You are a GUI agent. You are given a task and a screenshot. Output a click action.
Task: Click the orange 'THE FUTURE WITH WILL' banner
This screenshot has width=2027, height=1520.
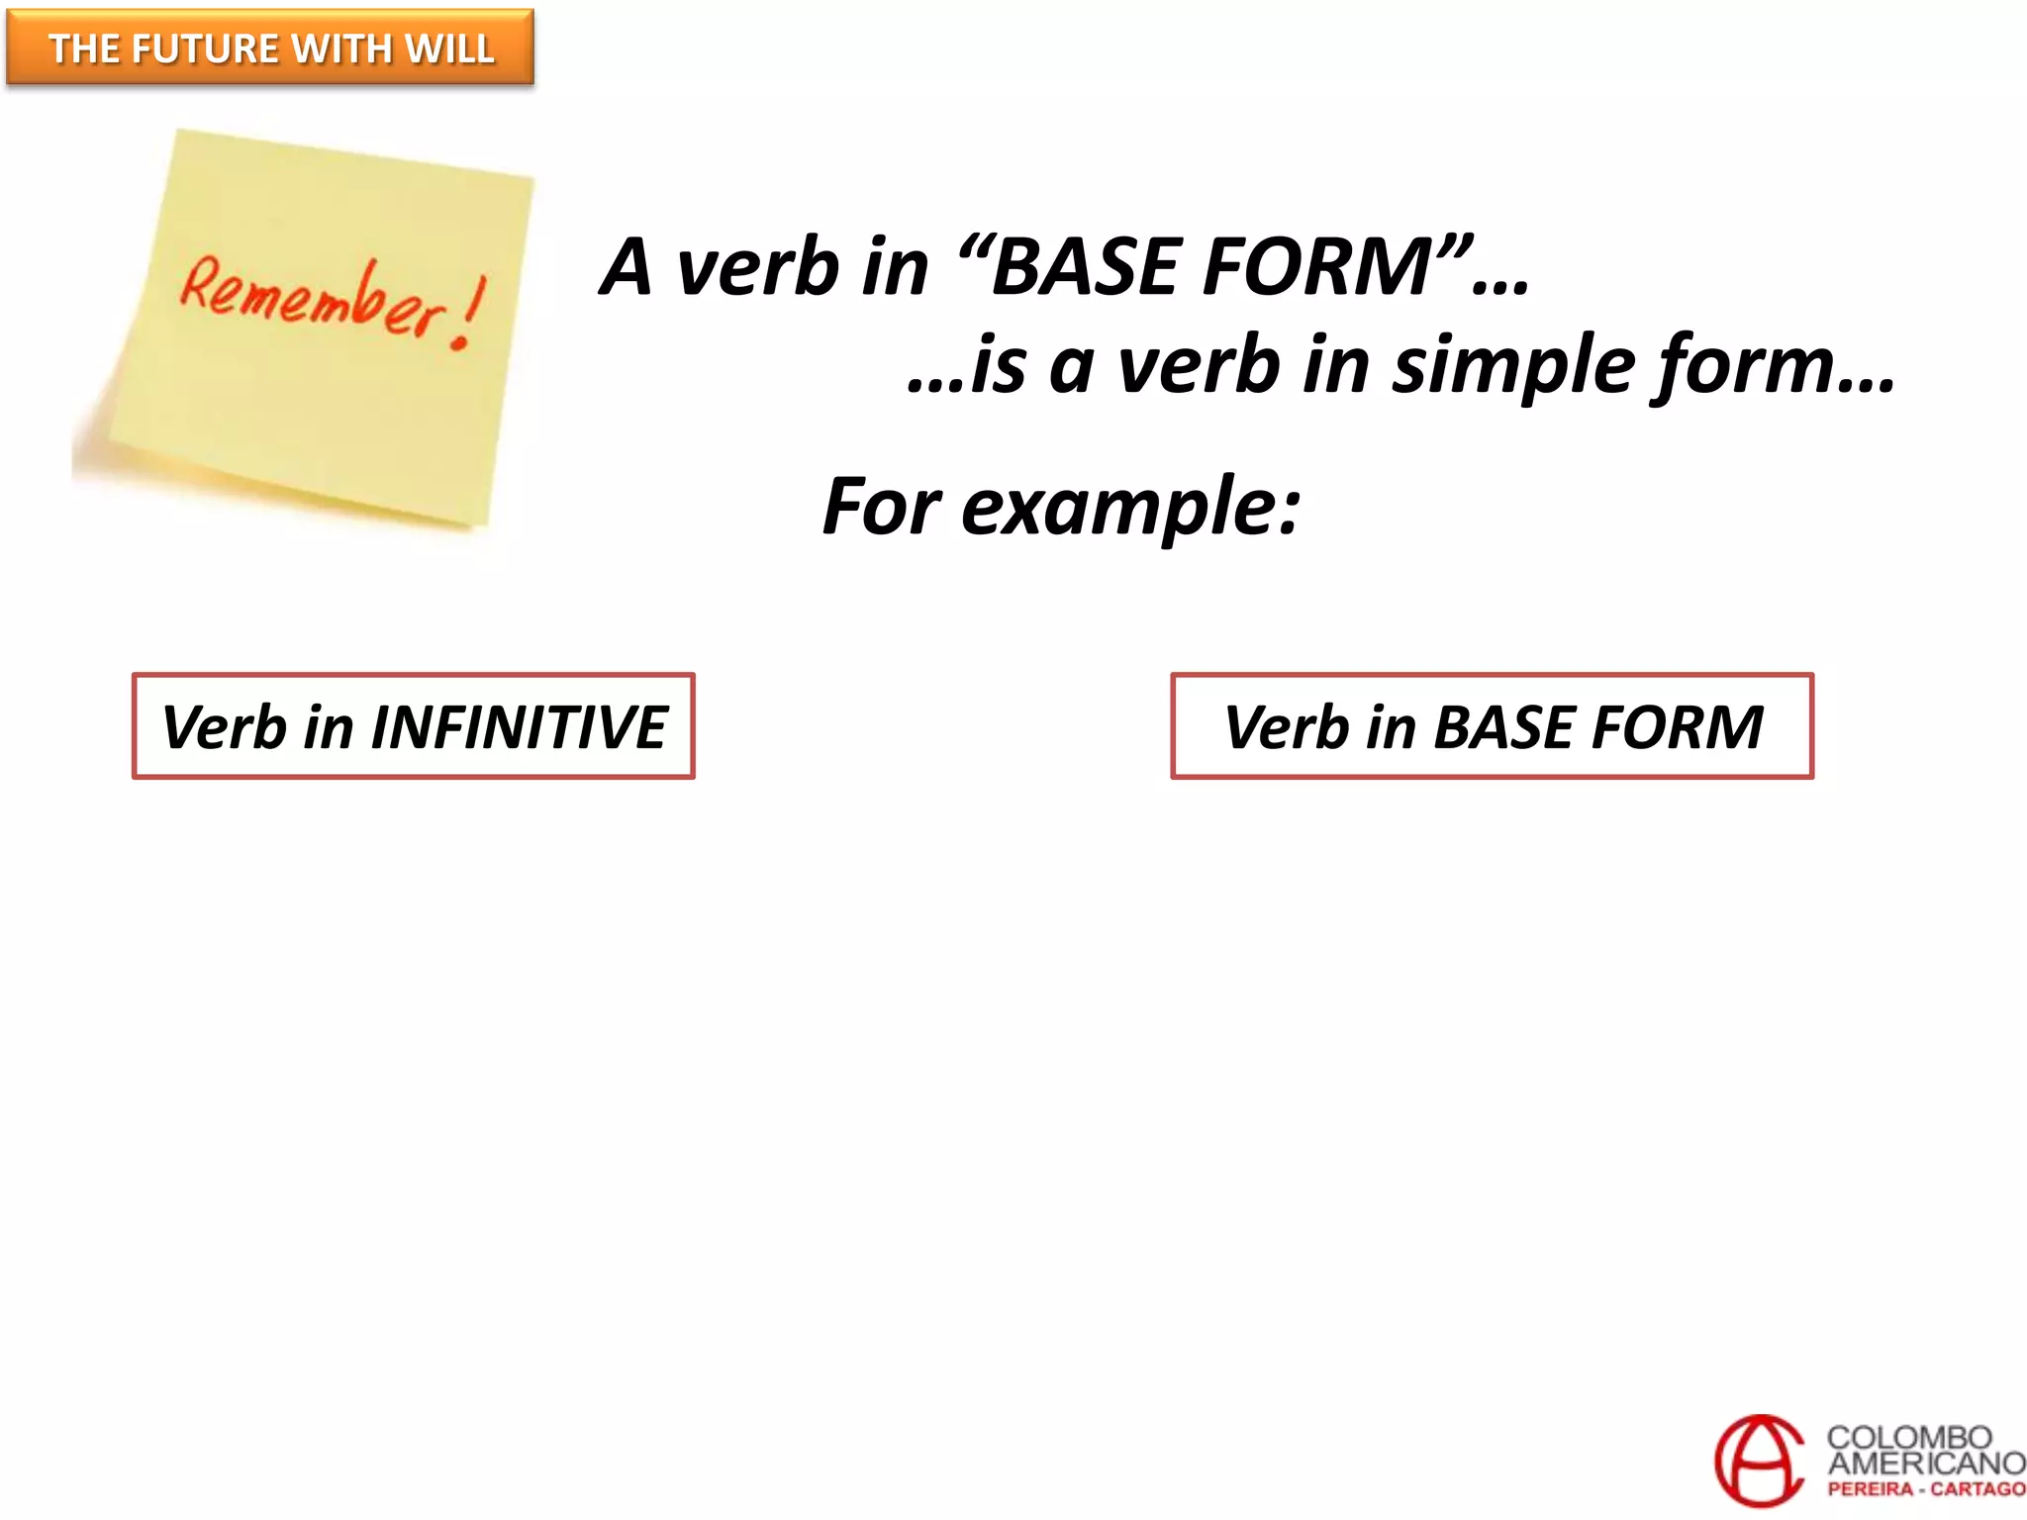pyautogui.click(x=269, y=47)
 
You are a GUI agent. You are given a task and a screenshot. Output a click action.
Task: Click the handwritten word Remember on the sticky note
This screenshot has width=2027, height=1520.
pyautogui.click(x=312, y=297)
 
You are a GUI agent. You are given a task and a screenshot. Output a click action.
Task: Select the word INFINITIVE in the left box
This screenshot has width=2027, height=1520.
pyautogui.click(x=519, y=727)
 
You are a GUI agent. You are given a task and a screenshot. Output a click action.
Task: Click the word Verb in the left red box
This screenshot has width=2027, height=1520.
pyautogui.click(x=224, y=727)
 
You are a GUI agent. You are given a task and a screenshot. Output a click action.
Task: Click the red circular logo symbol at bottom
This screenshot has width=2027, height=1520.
pyautogui.click(x=1759, y=1461)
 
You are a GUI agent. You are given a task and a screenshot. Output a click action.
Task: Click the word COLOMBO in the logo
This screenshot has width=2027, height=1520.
pyautogui.click(x=1908, y=1437)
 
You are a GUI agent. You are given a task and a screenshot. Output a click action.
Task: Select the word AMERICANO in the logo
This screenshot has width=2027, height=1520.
pyautogui.click(x=1925, y=1463)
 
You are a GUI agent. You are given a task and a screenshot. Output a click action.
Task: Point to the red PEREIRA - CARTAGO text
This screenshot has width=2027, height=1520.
pyautogui.click(x=1925, y=1489)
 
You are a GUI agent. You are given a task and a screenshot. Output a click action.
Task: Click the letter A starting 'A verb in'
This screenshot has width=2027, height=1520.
pyautogui.click(x=627, y=267)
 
